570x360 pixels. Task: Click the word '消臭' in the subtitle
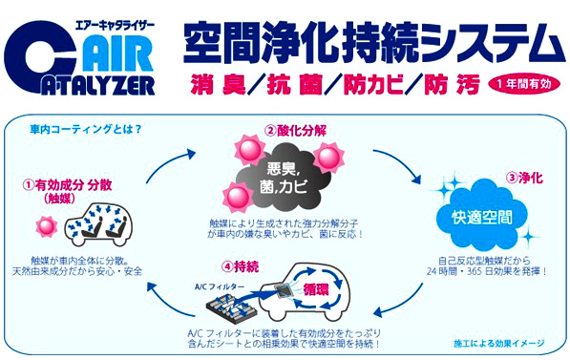pyautogui.click(x=203, y=82)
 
